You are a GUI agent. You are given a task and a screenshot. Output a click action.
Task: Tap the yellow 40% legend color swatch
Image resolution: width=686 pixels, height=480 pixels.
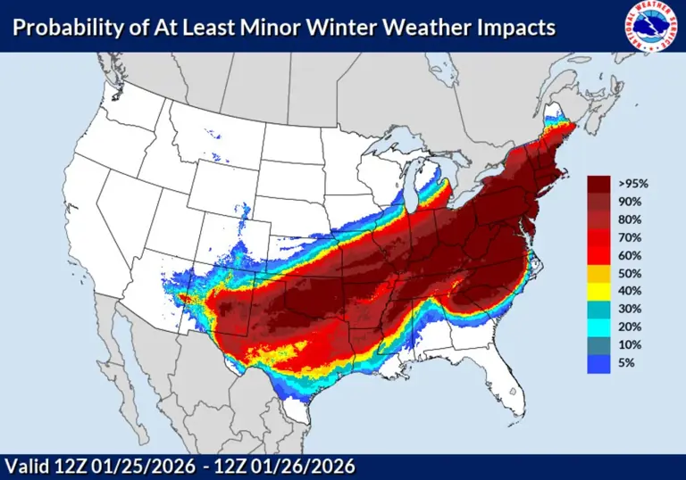[598, 292]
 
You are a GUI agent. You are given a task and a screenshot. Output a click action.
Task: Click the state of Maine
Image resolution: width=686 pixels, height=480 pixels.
[559, 130]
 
